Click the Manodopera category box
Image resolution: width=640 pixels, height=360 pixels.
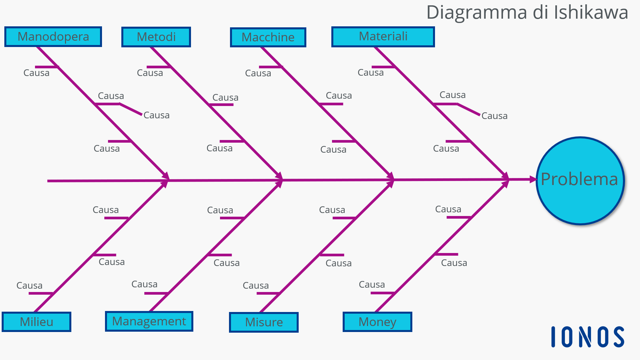[x=53, y=37]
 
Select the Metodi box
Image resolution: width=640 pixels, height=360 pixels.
[x=156, y=37]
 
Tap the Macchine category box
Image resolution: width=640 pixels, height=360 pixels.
[x=268, y=37]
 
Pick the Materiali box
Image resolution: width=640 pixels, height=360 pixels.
[x=383, y=37]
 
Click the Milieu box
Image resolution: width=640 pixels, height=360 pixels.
[x=36, y=322]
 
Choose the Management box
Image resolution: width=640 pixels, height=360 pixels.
[x=149, y=321]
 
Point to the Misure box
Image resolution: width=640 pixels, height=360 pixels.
[x=264, y=322]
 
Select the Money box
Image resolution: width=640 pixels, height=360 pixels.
[x=377, y=322]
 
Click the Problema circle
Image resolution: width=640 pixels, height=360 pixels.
[x=580, y=180]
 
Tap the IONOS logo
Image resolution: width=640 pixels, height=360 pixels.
[x=588, y=337]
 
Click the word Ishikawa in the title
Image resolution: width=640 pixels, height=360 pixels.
[x=591, y=13]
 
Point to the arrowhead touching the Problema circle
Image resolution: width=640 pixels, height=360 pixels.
[x=533, y=179]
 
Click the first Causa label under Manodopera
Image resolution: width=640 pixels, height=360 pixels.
[x=36, y=73]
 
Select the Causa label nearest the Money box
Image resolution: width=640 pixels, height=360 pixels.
[x=372, y=285]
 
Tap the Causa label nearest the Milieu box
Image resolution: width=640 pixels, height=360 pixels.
[x=29, y=286]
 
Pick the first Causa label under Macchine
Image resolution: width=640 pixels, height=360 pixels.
[x=258, y=73]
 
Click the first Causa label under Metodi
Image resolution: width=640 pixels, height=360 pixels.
[x=150, y=73]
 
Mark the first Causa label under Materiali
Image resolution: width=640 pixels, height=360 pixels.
[x=371, y=73]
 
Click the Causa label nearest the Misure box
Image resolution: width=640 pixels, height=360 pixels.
[x=256, y=286]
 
